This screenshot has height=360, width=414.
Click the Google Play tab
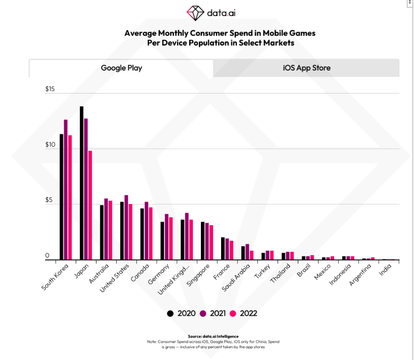(121, 68)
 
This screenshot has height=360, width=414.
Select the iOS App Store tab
(306, 68)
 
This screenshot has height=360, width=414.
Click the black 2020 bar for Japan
(81, 183)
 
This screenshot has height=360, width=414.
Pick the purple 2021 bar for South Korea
(66, 190)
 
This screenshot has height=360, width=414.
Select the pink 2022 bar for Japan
(90, 205)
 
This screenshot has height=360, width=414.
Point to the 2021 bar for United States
(126, 227)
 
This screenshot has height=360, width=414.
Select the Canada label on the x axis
(140, 272)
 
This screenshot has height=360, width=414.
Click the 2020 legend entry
(182, 313)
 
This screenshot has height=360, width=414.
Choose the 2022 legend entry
(243, 313)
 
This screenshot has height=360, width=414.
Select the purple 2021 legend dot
(204, 313)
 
